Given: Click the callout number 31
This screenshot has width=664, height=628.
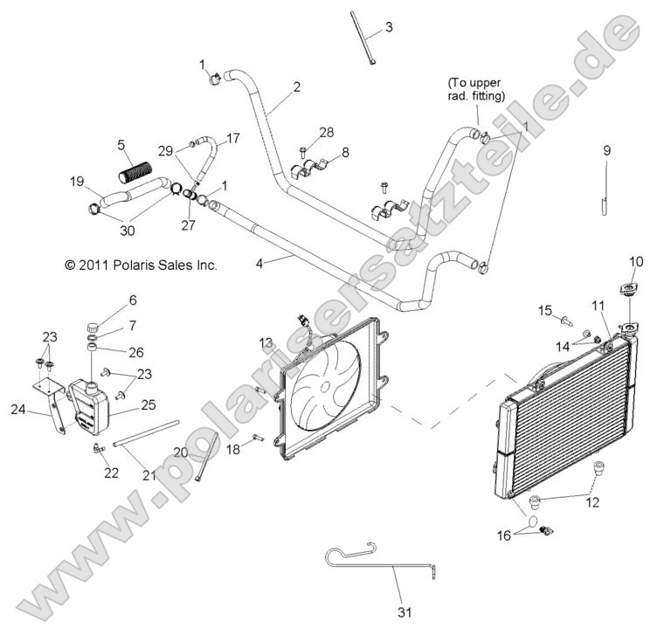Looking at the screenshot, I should [403, 611].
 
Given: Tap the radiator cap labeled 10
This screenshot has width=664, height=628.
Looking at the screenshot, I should [627, 289].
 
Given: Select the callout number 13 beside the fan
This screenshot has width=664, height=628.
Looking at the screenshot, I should [266, 342].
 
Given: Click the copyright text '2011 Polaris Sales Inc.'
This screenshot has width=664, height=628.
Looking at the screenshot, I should [141, 265].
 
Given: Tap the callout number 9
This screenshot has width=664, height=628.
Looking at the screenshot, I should [606, 150].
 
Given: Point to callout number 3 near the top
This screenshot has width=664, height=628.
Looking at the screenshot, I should [389, 27].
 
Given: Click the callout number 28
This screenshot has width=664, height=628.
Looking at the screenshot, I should [326, 132].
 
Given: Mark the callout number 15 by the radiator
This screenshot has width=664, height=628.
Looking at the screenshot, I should [545, 310].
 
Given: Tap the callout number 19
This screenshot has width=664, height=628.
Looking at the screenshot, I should [77, 182].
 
